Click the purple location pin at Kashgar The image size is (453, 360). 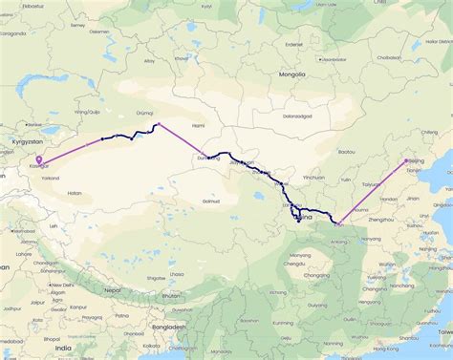pos(38,160)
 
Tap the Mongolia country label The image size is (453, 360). pos(292,74)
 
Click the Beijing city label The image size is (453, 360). pos(416,162)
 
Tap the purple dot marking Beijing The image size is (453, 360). pos(406,160)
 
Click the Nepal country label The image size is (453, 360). pos(113,289)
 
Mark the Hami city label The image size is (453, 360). pos(199,125)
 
